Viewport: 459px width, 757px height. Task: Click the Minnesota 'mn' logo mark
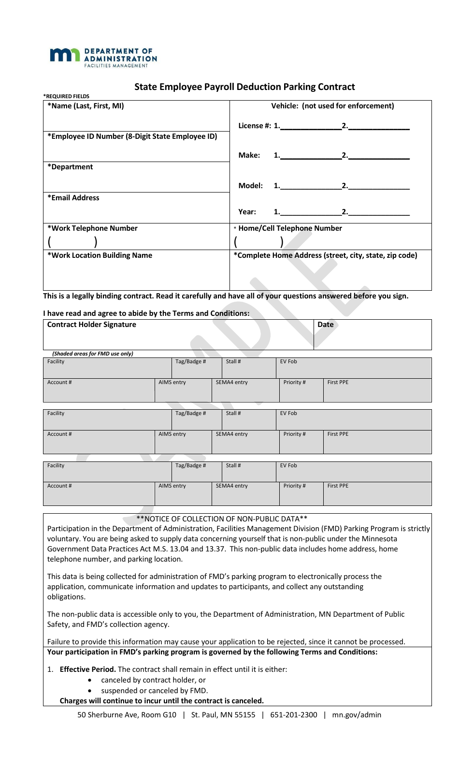click(64, 55)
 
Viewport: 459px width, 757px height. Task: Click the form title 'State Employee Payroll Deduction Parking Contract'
click(244, 87)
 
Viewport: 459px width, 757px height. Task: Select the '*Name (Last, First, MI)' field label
click(86, 106)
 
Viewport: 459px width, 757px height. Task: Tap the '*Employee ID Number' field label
click(132, 136)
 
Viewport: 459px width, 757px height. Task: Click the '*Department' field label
click(70, 167)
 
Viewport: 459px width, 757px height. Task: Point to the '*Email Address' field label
click(73, 198)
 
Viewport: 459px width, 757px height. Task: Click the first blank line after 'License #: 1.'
click(311, 126)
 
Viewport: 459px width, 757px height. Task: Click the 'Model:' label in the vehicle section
click(250, 186)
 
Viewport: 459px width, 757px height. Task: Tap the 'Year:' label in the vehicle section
click(247, 212)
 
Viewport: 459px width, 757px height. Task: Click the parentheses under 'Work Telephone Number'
click(72, 241)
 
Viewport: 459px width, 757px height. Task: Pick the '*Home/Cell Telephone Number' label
click(289, 228)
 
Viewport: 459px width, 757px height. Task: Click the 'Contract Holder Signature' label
click(92, 325)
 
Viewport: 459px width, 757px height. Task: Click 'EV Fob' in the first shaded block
click(288, 362)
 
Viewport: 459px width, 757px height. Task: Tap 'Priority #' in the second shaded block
click(294, 434)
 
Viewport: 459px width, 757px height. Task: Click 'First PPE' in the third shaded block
click(338, 486)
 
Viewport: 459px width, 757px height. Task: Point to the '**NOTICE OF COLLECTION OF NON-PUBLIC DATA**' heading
click(222, 519)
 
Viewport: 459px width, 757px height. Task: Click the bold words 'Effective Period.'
click(87, 669)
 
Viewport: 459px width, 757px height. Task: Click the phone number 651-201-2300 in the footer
click(294, 715)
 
